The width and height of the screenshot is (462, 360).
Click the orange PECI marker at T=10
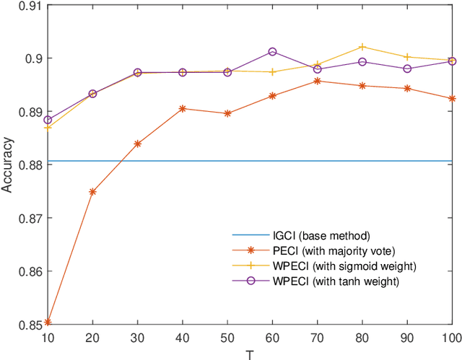point(48,322)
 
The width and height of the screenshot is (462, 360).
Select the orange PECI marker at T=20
point(92,192)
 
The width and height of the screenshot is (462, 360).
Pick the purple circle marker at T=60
point(273,52)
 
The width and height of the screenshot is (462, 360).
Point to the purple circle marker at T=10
point(48,120)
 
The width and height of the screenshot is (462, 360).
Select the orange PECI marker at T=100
point(452,98)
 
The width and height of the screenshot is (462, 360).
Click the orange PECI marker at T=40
point(183,108)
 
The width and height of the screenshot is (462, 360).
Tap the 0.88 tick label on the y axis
point(25,164)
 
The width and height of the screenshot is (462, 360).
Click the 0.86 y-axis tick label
point(25,271)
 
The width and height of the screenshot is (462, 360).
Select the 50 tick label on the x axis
point(227,338)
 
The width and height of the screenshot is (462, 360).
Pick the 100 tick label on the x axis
point(450,338)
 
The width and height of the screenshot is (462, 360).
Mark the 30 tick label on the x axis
point(137,338)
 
